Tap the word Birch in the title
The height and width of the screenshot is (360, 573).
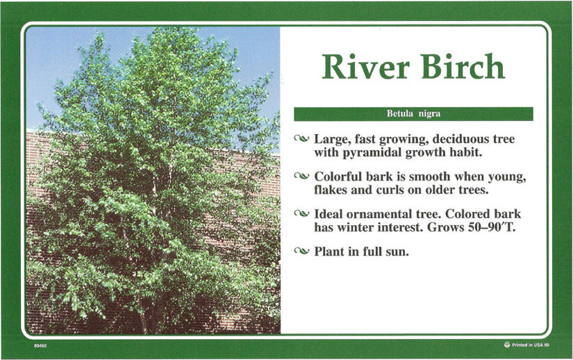point(463,66)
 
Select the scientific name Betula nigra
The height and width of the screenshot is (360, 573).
point(414,114)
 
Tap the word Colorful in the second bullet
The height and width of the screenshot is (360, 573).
point(338,177)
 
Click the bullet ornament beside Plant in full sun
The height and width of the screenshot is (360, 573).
point(301,251)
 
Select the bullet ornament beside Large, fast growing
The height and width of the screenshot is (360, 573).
point(301,138)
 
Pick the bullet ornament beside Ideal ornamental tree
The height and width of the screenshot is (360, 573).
point(301,213)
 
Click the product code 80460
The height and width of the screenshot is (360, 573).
point(40,345)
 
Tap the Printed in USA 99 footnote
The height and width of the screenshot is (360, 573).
point(530,345)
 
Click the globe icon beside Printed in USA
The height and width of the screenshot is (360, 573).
point(507,344)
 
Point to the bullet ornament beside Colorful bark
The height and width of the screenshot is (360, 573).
point(301,176)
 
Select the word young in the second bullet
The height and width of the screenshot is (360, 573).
point(507,177)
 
